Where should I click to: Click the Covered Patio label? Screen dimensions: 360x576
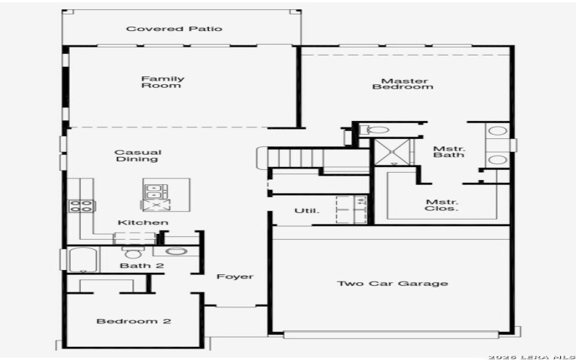174,29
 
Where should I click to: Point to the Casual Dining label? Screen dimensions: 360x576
138,156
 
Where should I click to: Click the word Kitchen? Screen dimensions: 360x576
143,222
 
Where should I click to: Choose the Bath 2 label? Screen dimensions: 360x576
142,266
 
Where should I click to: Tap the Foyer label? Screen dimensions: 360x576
235,276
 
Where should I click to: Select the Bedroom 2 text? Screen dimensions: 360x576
133,320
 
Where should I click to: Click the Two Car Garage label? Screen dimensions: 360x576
392,283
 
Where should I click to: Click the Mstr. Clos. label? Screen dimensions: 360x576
442,206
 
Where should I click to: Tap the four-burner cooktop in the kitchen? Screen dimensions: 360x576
81,206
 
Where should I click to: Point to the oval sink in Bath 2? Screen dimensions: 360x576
176,252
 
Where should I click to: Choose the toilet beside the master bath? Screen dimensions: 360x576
375,130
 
